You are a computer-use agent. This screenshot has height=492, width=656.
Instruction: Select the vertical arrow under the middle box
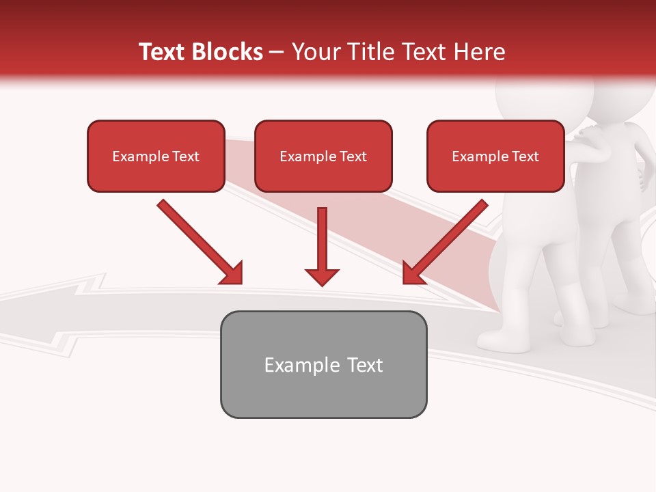click(322, 239)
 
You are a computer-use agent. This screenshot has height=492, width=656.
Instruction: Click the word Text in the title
click(162, 52)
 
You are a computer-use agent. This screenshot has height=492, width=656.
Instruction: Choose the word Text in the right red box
click(525, 156)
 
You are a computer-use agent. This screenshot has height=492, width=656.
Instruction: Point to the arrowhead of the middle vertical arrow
click(322, 277)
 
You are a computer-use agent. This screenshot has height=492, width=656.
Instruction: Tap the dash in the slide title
click(277, 53)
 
